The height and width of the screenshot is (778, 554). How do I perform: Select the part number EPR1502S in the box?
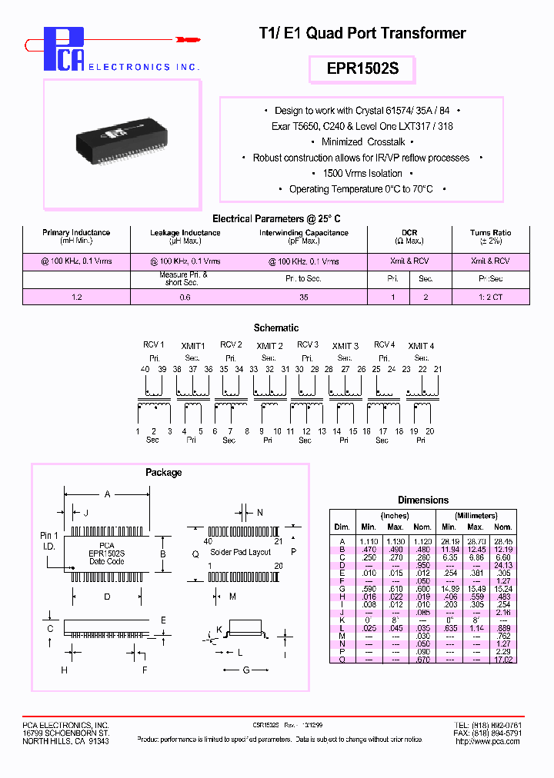click(362, 69)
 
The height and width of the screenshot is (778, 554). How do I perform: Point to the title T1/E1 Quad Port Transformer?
click(362, 33)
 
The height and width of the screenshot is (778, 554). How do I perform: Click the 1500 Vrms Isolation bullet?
click(362, 173)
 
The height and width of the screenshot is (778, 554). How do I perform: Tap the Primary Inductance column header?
click(76, 232)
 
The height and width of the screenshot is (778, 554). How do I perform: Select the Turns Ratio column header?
click(490, 232)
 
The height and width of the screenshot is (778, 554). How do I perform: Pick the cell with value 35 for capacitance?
click(303, 297)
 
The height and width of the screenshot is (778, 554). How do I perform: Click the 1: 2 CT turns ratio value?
click(490, 297)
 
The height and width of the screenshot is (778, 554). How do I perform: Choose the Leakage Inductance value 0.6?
click(185, 297)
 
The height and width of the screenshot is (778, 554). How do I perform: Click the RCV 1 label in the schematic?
click(153, 345)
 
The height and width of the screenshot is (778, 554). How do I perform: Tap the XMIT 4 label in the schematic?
click(421, 346)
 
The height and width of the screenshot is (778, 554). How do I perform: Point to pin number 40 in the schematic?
click(145, 370)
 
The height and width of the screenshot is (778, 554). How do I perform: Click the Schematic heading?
click(276, 327)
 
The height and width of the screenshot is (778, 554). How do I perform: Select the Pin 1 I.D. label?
click(48, 540)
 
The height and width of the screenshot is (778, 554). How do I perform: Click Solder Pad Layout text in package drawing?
click(241, 552)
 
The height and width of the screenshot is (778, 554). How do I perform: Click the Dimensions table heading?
click(422, 500)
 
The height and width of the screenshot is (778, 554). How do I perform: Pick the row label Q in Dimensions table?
click(341, 659)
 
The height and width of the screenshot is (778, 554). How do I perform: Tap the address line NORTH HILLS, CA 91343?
click(65, 741)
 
